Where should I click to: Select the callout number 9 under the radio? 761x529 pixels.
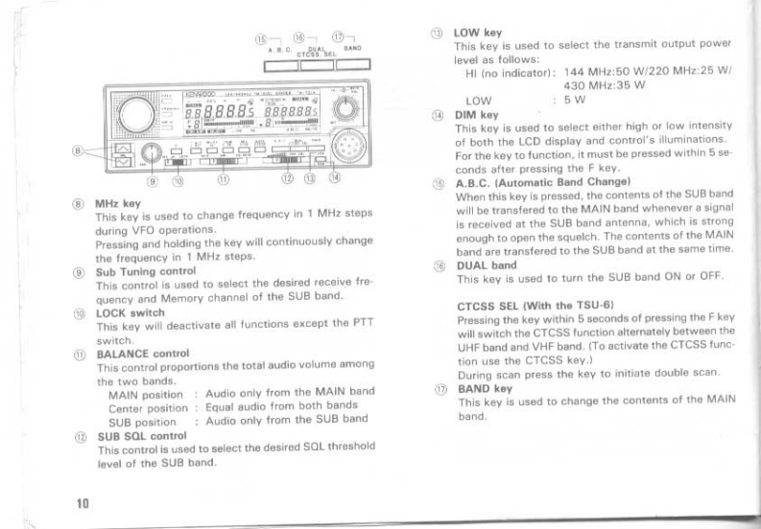[x=153, y=178]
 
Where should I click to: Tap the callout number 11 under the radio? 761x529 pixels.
[x=223, y=178]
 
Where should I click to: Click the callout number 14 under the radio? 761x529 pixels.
[x=333, y=177]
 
